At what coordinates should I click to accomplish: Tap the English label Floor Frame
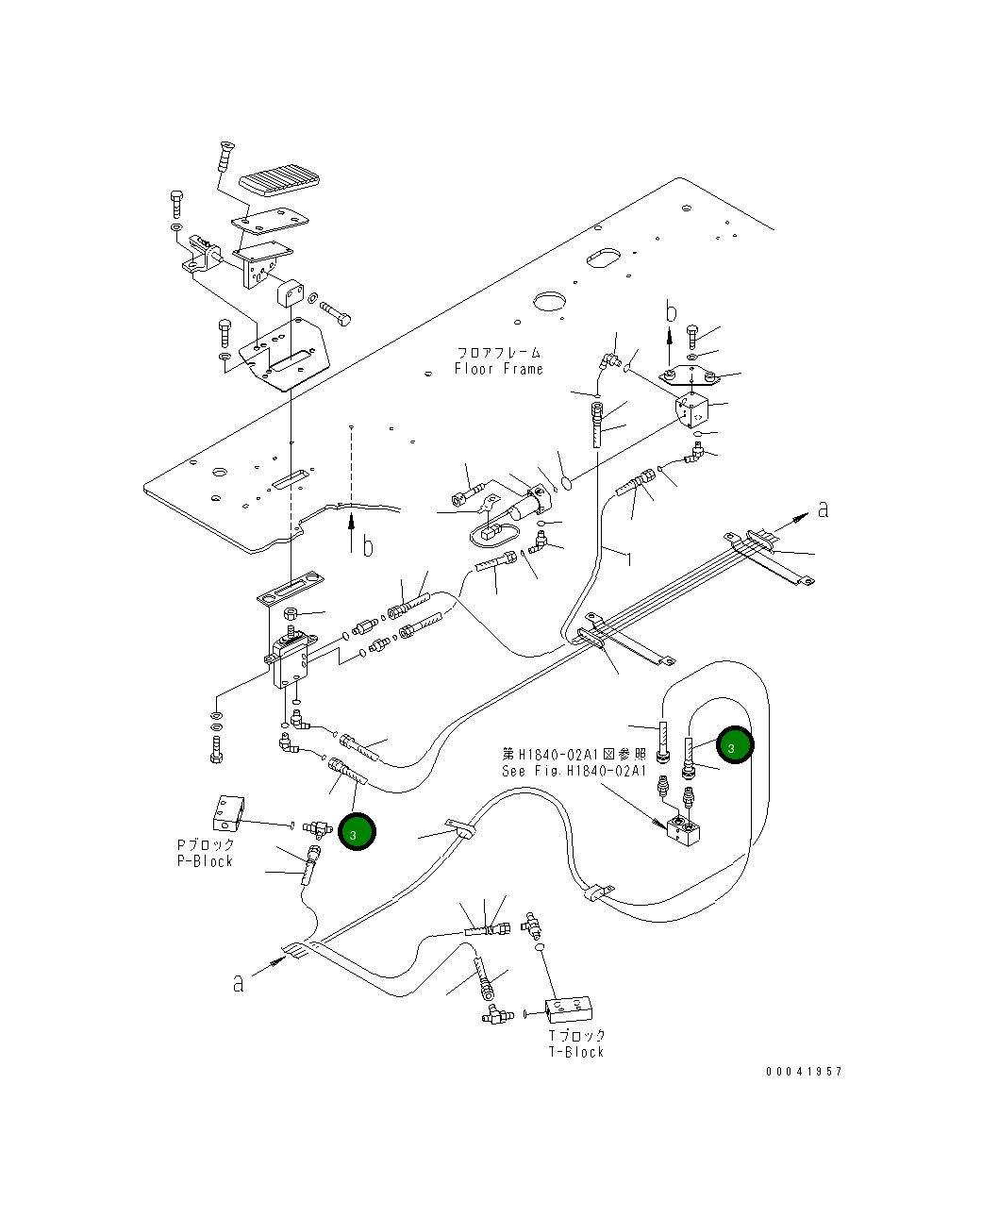498,369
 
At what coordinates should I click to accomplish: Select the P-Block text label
205,861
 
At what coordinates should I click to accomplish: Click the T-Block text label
576,1052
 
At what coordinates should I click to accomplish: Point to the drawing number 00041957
804,1072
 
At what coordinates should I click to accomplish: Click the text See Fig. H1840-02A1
574,771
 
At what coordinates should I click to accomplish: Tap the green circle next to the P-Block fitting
357,832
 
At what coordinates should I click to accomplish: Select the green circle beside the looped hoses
735,744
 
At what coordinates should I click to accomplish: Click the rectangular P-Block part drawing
228,814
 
